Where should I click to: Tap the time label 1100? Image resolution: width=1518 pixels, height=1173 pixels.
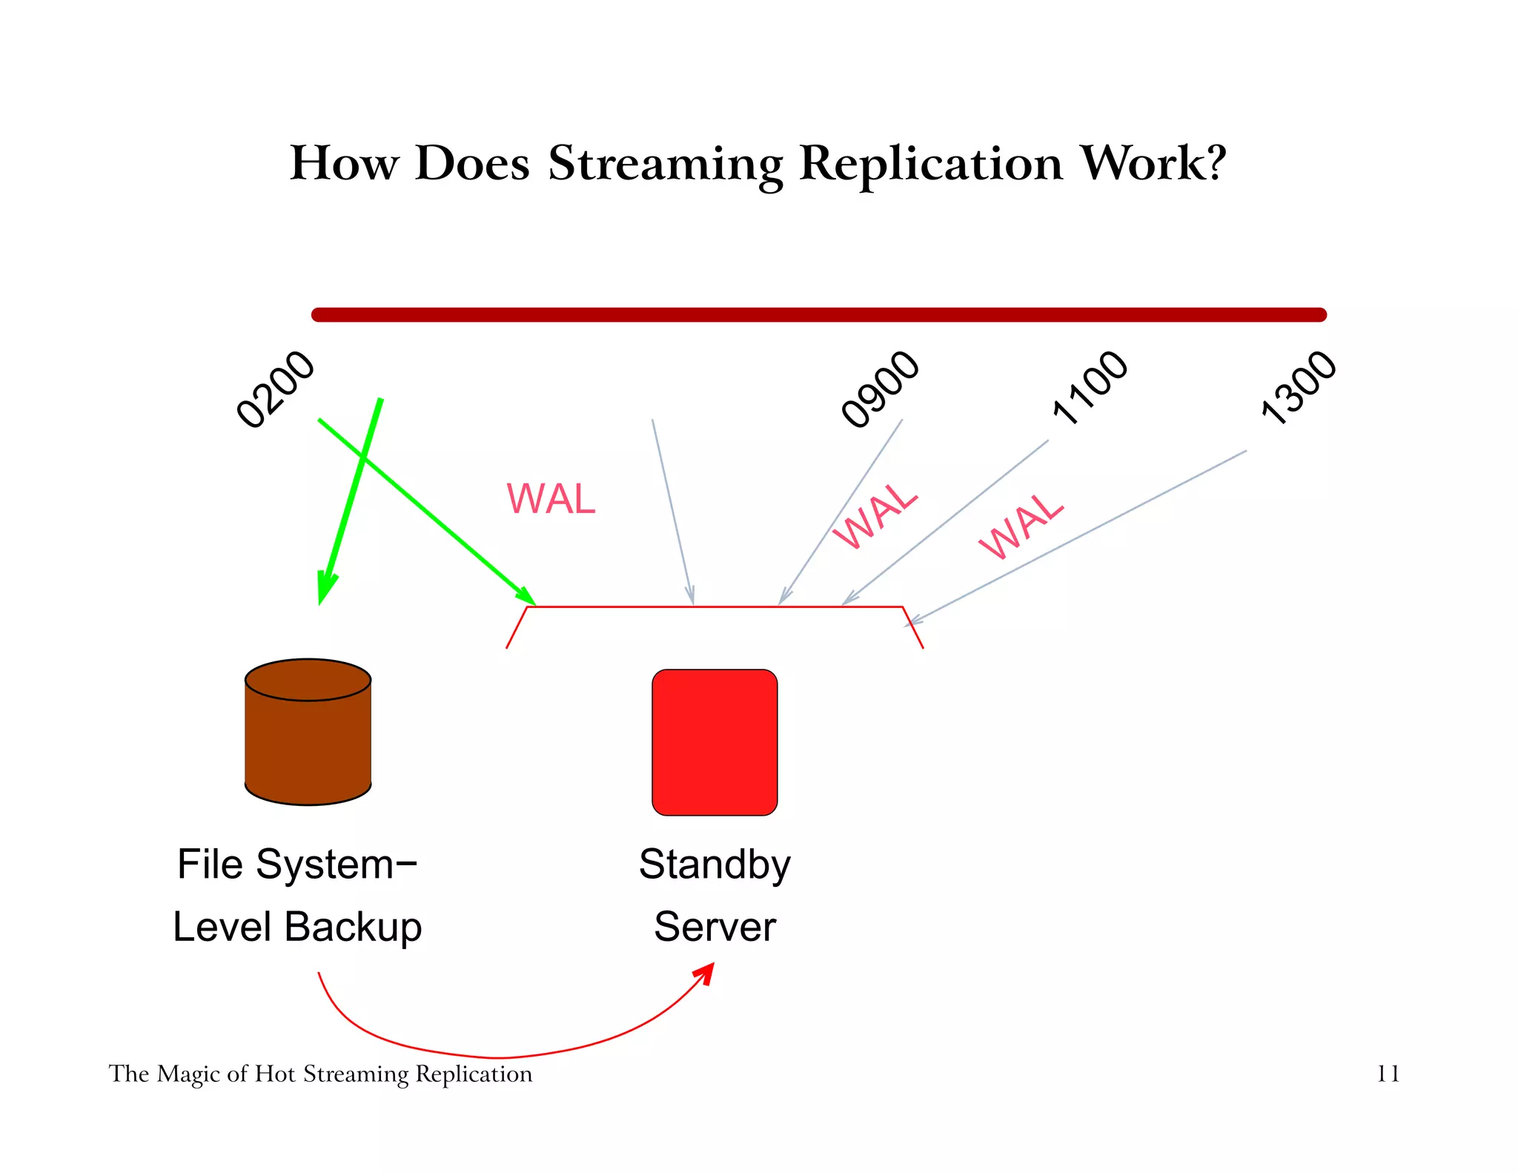[x=1090, y=388]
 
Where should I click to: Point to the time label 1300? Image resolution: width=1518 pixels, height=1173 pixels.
[x=1299, y=388]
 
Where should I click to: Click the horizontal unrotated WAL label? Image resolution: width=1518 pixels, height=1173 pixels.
[x=551, y=499]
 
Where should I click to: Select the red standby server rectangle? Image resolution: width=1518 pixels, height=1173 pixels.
[x=715, y=742]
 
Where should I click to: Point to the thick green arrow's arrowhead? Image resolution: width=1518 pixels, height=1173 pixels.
[x=325, y=589]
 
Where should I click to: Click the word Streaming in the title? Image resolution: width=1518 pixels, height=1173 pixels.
[x=665, y=165]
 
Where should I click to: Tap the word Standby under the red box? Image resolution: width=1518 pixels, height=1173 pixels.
[x=715, y=866]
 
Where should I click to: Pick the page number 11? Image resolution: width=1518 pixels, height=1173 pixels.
[x=1388, y=1074]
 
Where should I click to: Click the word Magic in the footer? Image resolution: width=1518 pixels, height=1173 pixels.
[x=189, y=1074]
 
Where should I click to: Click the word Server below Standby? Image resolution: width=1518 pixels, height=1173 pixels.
[x=715, y=928]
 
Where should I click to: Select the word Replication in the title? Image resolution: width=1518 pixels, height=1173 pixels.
[x=931, y=165]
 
